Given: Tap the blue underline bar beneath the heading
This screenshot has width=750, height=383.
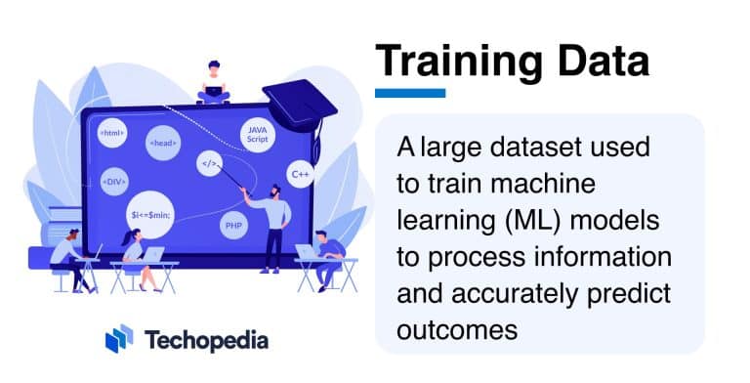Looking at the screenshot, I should tap(410, 93).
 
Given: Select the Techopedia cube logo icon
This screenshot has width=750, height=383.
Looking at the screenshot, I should tap(118, 340).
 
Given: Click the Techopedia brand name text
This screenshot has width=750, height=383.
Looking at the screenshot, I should tap(206, 340).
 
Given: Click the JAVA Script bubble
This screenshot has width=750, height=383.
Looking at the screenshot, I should tap(257, 135).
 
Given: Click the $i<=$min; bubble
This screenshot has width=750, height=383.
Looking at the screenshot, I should tap(151, 212).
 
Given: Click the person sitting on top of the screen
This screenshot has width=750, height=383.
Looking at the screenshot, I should tap(213, 82).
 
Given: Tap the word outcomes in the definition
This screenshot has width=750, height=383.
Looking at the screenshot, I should tap(456, 329).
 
